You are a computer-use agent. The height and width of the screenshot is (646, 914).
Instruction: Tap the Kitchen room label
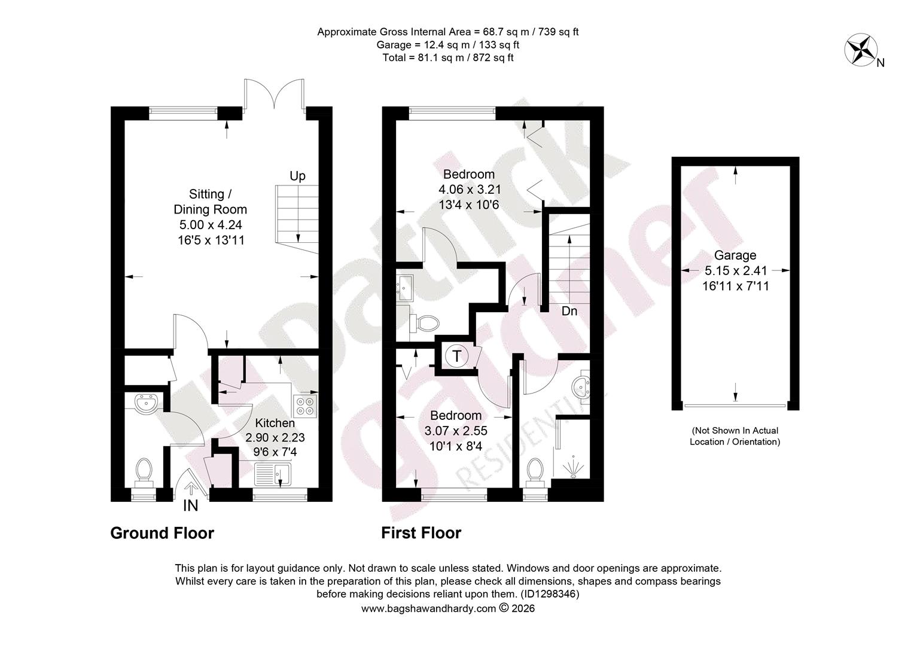coord(275,423)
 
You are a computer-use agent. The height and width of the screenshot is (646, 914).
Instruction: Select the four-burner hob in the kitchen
coord(305,405)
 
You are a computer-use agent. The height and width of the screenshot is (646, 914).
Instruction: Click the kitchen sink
coord(273,474)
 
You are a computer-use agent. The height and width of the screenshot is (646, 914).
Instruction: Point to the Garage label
coord(735,255)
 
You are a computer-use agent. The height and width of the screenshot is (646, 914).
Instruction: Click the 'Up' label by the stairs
coord(297,176)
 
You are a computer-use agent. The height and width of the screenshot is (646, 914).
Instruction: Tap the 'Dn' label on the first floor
coord(569,312)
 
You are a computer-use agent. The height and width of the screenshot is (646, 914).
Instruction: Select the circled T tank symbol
coord(456,356)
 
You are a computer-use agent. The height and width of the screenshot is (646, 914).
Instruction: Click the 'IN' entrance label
coord(191,506)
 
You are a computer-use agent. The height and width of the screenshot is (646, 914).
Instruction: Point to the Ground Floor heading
coord(162,533)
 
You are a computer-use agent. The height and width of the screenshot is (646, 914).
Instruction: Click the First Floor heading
coord(421,533)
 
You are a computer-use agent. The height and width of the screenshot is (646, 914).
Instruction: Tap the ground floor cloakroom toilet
coord(144,473)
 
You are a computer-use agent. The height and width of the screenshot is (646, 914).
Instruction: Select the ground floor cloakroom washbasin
coord(146,403)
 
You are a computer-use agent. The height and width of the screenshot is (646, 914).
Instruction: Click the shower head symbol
coord(573,467)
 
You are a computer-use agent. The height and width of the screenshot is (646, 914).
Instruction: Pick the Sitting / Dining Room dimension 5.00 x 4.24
coord(211,225)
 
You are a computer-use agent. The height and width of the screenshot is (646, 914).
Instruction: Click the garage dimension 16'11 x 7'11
coord(735,286)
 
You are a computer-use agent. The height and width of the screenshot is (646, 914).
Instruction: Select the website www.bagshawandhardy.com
coord(428,608)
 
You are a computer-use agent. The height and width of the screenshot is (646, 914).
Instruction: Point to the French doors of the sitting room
coord(274,94)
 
